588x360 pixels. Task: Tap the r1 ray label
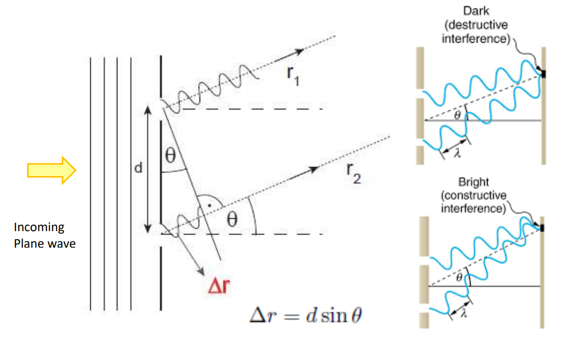coord(293,76)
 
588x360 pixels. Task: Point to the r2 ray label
coord(354,174)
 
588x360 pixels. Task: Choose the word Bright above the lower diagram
coord(474,182)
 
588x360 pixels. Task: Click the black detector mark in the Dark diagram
coord(544,74)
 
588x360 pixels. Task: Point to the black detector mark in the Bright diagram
coord(542,228)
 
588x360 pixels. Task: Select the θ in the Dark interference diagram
coord(457,115)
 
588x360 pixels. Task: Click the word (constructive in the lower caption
coord(474,195)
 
